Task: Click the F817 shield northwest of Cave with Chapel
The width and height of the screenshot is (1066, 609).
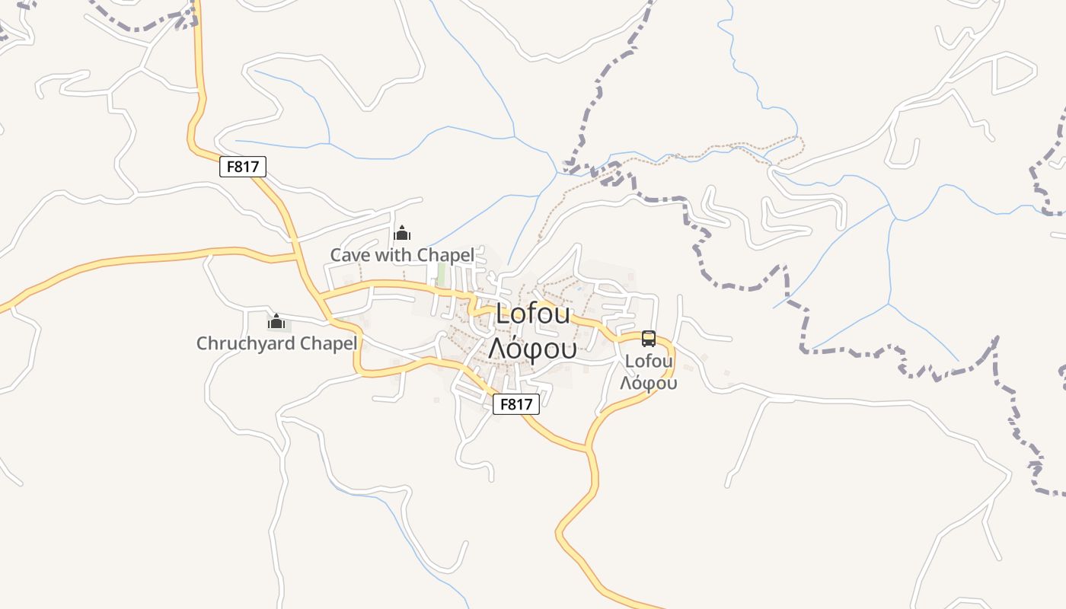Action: pos(243,167)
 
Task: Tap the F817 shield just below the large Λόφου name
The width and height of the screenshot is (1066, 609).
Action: pos(516,404)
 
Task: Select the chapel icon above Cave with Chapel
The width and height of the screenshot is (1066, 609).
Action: pos(402,233)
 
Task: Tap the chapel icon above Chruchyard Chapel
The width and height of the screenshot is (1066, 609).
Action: pos(276,321)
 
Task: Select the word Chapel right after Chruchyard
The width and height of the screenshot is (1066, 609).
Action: pos(328,343)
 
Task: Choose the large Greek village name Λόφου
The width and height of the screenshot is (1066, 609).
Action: pos(532,348)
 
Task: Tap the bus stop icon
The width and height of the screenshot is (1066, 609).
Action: pos(649,339)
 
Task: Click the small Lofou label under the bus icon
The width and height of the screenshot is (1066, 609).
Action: pos(649,361)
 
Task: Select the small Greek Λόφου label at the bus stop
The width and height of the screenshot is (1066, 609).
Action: pos(649,383)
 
